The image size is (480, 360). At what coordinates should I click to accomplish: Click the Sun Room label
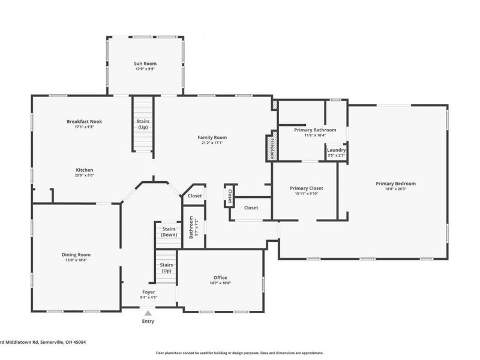[x=144, y=63]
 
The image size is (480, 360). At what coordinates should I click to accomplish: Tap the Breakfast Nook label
[x=84, y=121]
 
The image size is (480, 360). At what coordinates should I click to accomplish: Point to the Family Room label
[x=212, y=137]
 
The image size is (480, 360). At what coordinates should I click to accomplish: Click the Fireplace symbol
[x=271, y=148]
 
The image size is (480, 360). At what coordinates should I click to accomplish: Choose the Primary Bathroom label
[x=315, y=130]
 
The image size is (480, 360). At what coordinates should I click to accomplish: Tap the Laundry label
[x=336, y=150]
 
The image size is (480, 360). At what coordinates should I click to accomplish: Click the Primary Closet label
[x=307, y=188]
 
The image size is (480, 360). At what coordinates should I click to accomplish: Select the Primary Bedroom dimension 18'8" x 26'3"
[x=395, y=190]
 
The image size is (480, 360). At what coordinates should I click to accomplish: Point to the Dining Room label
[x=76, y=254]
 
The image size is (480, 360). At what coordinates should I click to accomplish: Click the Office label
[x=220, y=277]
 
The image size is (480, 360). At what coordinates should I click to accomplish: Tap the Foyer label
[x=148, y=292]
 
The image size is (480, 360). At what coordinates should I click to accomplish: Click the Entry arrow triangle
[x=148, y=312]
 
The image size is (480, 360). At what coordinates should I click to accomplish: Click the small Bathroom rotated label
[x=191, y=227]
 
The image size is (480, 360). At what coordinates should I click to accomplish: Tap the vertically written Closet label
[x=229, y=196]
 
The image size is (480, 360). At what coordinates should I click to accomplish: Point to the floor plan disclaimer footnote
[x=239, y=353]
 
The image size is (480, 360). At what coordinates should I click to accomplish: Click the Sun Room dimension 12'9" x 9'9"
[x=144, y=69]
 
